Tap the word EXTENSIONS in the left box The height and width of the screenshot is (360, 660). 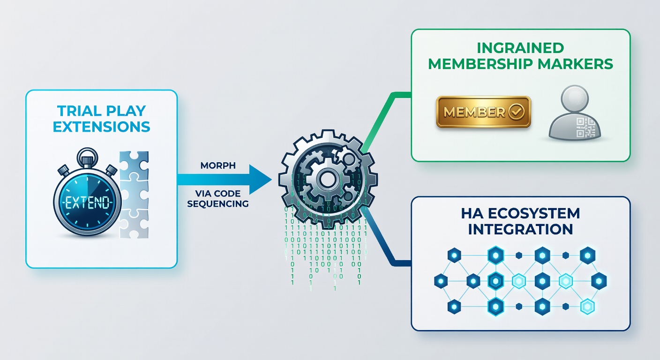(x=101, y=127)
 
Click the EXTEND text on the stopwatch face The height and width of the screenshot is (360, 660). (x=88, y=203)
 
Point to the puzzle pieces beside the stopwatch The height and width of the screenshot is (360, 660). (x=134, y=195)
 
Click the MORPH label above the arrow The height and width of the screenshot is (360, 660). (x=218, y=165)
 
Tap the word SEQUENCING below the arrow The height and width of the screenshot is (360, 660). (x=218, y=204)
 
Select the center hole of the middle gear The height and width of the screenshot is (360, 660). (x=327, y=180)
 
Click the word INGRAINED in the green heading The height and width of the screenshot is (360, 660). (x=520, y=48)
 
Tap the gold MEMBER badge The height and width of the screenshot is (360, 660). (x=483, y=112)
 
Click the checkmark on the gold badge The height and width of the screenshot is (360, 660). (x=517, y=112)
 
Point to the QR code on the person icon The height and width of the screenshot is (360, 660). (x=585, y=127)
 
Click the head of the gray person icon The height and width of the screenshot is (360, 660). (x=575, y=98)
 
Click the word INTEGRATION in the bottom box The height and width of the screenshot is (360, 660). (x=520, y=229)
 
